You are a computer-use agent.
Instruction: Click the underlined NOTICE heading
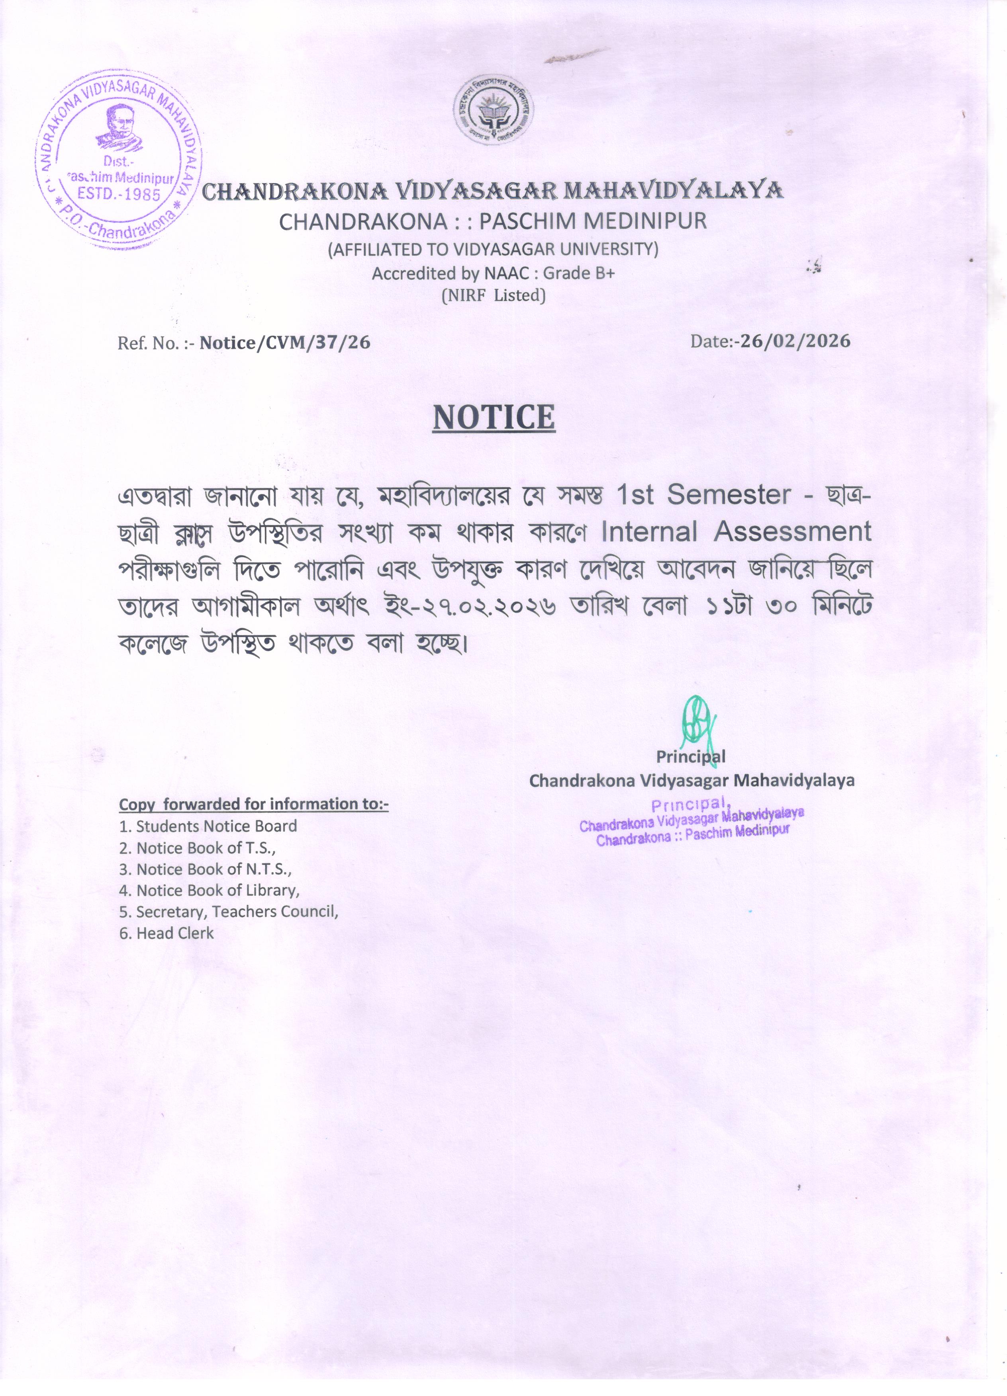pos(493,418)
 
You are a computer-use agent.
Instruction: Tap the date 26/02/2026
pos(795,341)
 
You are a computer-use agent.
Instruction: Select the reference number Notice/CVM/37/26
pos(284,342)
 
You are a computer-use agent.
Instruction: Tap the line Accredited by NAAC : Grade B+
pos(493,273)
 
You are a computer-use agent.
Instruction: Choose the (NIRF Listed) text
pos(493,295)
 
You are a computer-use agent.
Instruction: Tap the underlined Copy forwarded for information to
pos(253,804)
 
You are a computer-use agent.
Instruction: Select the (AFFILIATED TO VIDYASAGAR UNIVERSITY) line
pos(493,249)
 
